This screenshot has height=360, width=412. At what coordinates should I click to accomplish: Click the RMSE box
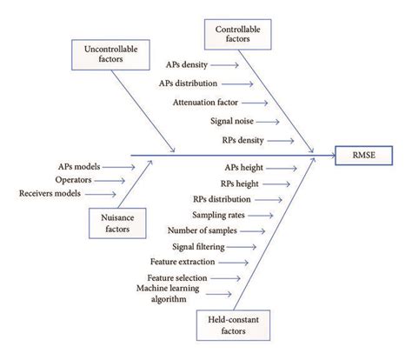point(363,157)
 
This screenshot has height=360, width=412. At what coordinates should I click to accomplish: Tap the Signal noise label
point(233,122)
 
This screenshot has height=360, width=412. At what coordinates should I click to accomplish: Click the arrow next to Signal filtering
point(245,246)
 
